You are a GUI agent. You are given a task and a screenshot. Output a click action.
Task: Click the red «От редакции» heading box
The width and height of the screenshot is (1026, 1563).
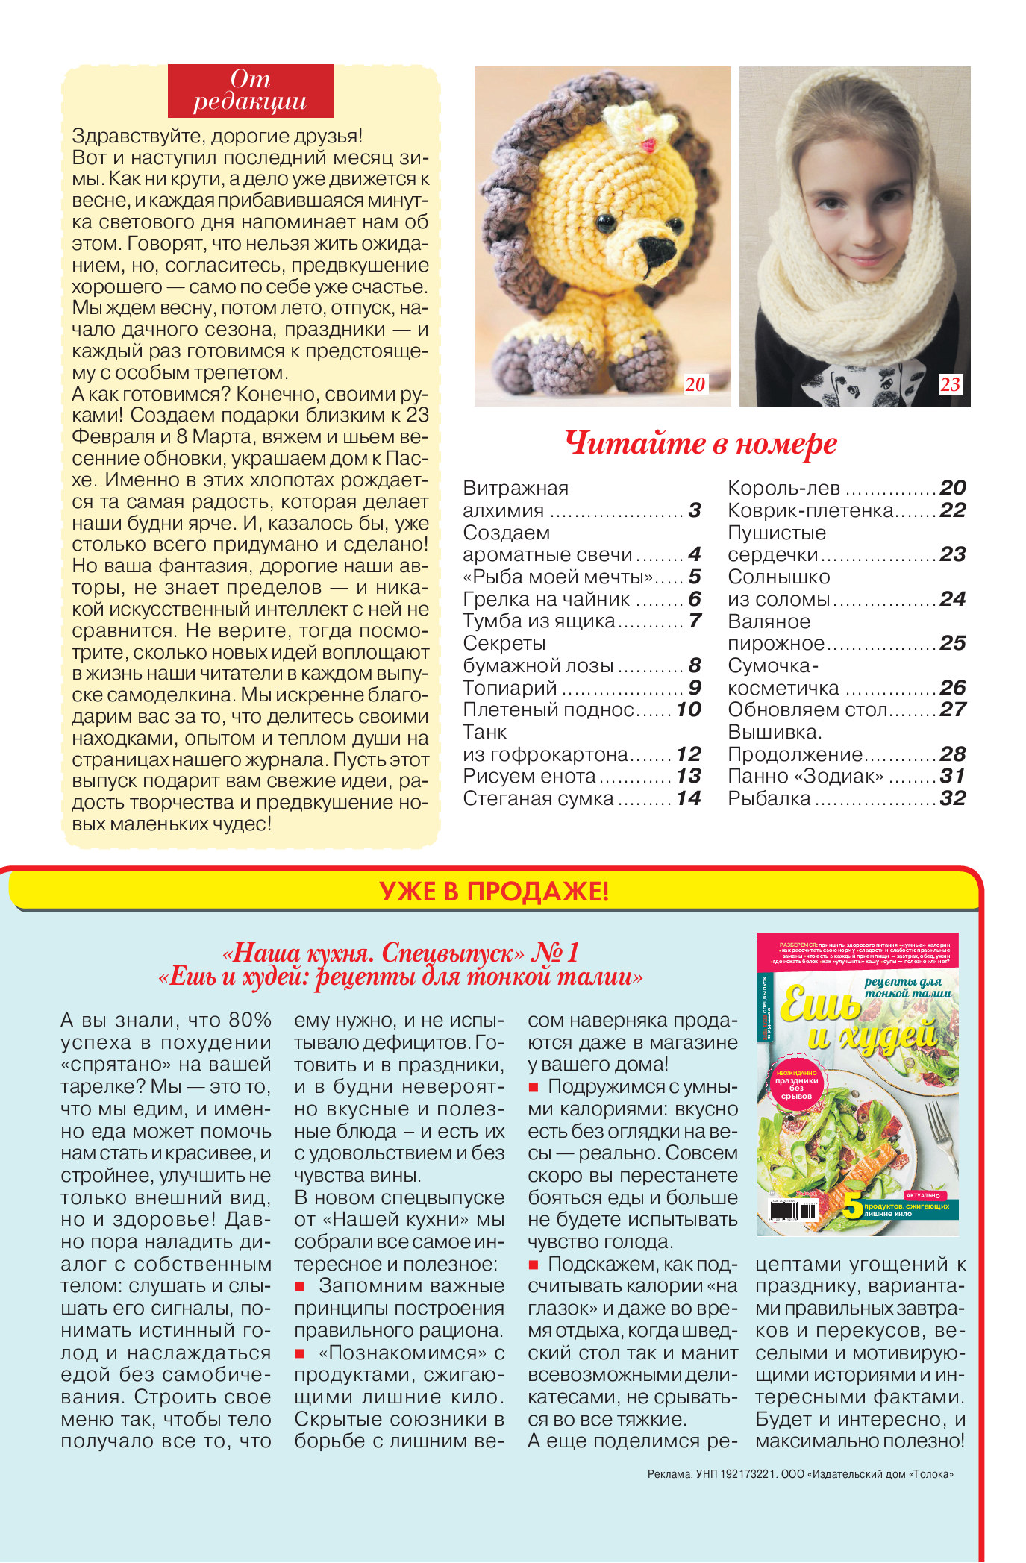(x=251, y=90)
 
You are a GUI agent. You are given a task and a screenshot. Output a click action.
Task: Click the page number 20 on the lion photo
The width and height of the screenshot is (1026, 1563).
(x=695, y=384)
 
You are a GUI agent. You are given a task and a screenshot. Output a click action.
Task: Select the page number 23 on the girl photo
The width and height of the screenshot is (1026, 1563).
(x=950, y=384)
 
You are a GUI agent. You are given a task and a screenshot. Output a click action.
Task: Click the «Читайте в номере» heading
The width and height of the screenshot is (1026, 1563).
(x=701, y=443)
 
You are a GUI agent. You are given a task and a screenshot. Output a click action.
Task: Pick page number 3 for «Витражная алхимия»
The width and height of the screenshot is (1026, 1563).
(x=694, y=510)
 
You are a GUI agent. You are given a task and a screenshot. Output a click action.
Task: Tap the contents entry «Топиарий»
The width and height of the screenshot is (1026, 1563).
(x=510, y=687)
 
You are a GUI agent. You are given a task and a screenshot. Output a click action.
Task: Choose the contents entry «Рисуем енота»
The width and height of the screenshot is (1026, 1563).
(x=529, y=776)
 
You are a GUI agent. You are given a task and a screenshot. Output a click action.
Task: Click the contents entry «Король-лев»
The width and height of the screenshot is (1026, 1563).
(x=783, y=488)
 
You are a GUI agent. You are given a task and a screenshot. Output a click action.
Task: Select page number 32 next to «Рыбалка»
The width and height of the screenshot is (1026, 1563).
(x=953, y=798)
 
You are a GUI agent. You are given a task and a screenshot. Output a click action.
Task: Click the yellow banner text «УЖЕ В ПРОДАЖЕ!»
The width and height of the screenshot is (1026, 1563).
(x=494, y=892)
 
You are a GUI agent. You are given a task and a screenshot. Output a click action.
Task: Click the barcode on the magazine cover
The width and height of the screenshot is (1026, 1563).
(x=794, y=1209)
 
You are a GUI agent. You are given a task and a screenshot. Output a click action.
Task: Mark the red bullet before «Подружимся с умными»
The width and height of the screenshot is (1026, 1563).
(x=534, y=1087)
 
